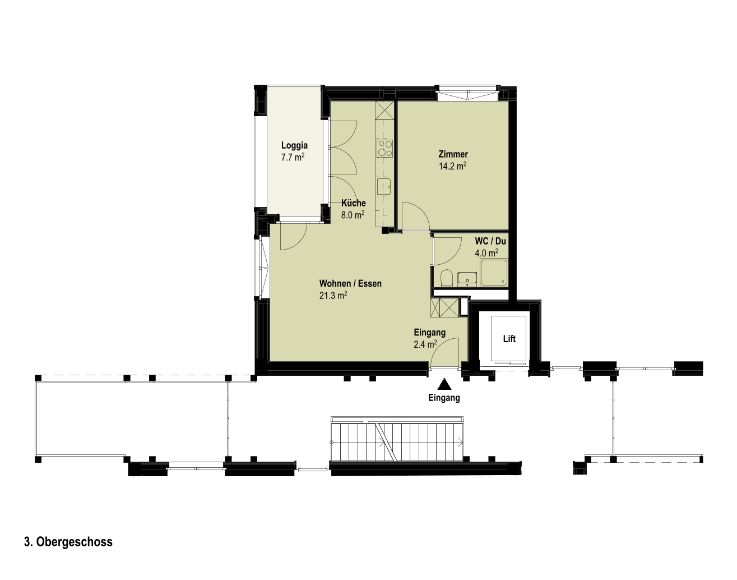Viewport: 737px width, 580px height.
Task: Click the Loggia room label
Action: [294, 145]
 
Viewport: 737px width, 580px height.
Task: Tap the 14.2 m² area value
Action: [452, 166]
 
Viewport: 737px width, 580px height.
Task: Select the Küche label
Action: [354, 203]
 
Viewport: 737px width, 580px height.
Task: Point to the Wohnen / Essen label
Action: [350, 283]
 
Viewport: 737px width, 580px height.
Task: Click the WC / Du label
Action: [490, 241]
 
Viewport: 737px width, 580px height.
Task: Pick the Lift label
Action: [509, 339]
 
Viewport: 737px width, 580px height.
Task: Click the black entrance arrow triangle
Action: [444, 384]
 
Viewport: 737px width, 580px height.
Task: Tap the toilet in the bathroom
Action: [447, 278]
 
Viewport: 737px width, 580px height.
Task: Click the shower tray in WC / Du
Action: [494, 273]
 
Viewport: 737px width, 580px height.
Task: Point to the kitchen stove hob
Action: [384, 149]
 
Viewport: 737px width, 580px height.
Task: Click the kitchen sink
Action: [384, 187]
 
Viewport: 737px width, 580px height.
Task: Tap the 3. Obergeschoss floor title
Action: [68, 542]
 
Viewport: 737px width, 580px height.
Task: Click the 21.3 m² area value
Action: [333, 296]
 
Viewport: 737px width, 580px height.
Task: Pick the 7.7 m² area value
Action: [293, 157]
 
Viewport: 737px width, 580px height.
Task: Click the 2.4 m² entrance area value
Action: [425, 344]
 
